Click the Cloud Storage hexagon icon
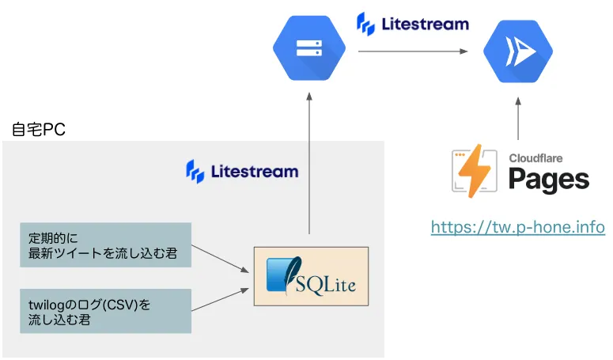pyautogui.click(x=305, y=49)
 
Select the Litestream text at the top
pyautogui.click(x=424, y=24)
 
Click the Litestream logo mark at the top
pyautogui.click(x=365, y=24)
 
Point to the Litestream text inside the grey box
pyautogui.click(x=254, y=171)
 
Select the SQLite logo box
pyautogui.click(x=311, y=276)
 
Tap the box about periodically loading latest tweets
pyautogui.click(x=105, y=244)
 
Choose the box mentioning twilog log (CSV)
pyautogui.click(x=105, y=311)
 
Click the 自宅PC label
pyautogui.click(x=39, y=129)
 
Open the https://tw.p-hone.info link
pyautogui.click(x=518, y=227)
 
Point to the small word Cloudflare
pyautogui.click(x=534, y=157)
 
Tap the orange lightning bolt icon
pyautogui.click(x=476, y=172)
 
